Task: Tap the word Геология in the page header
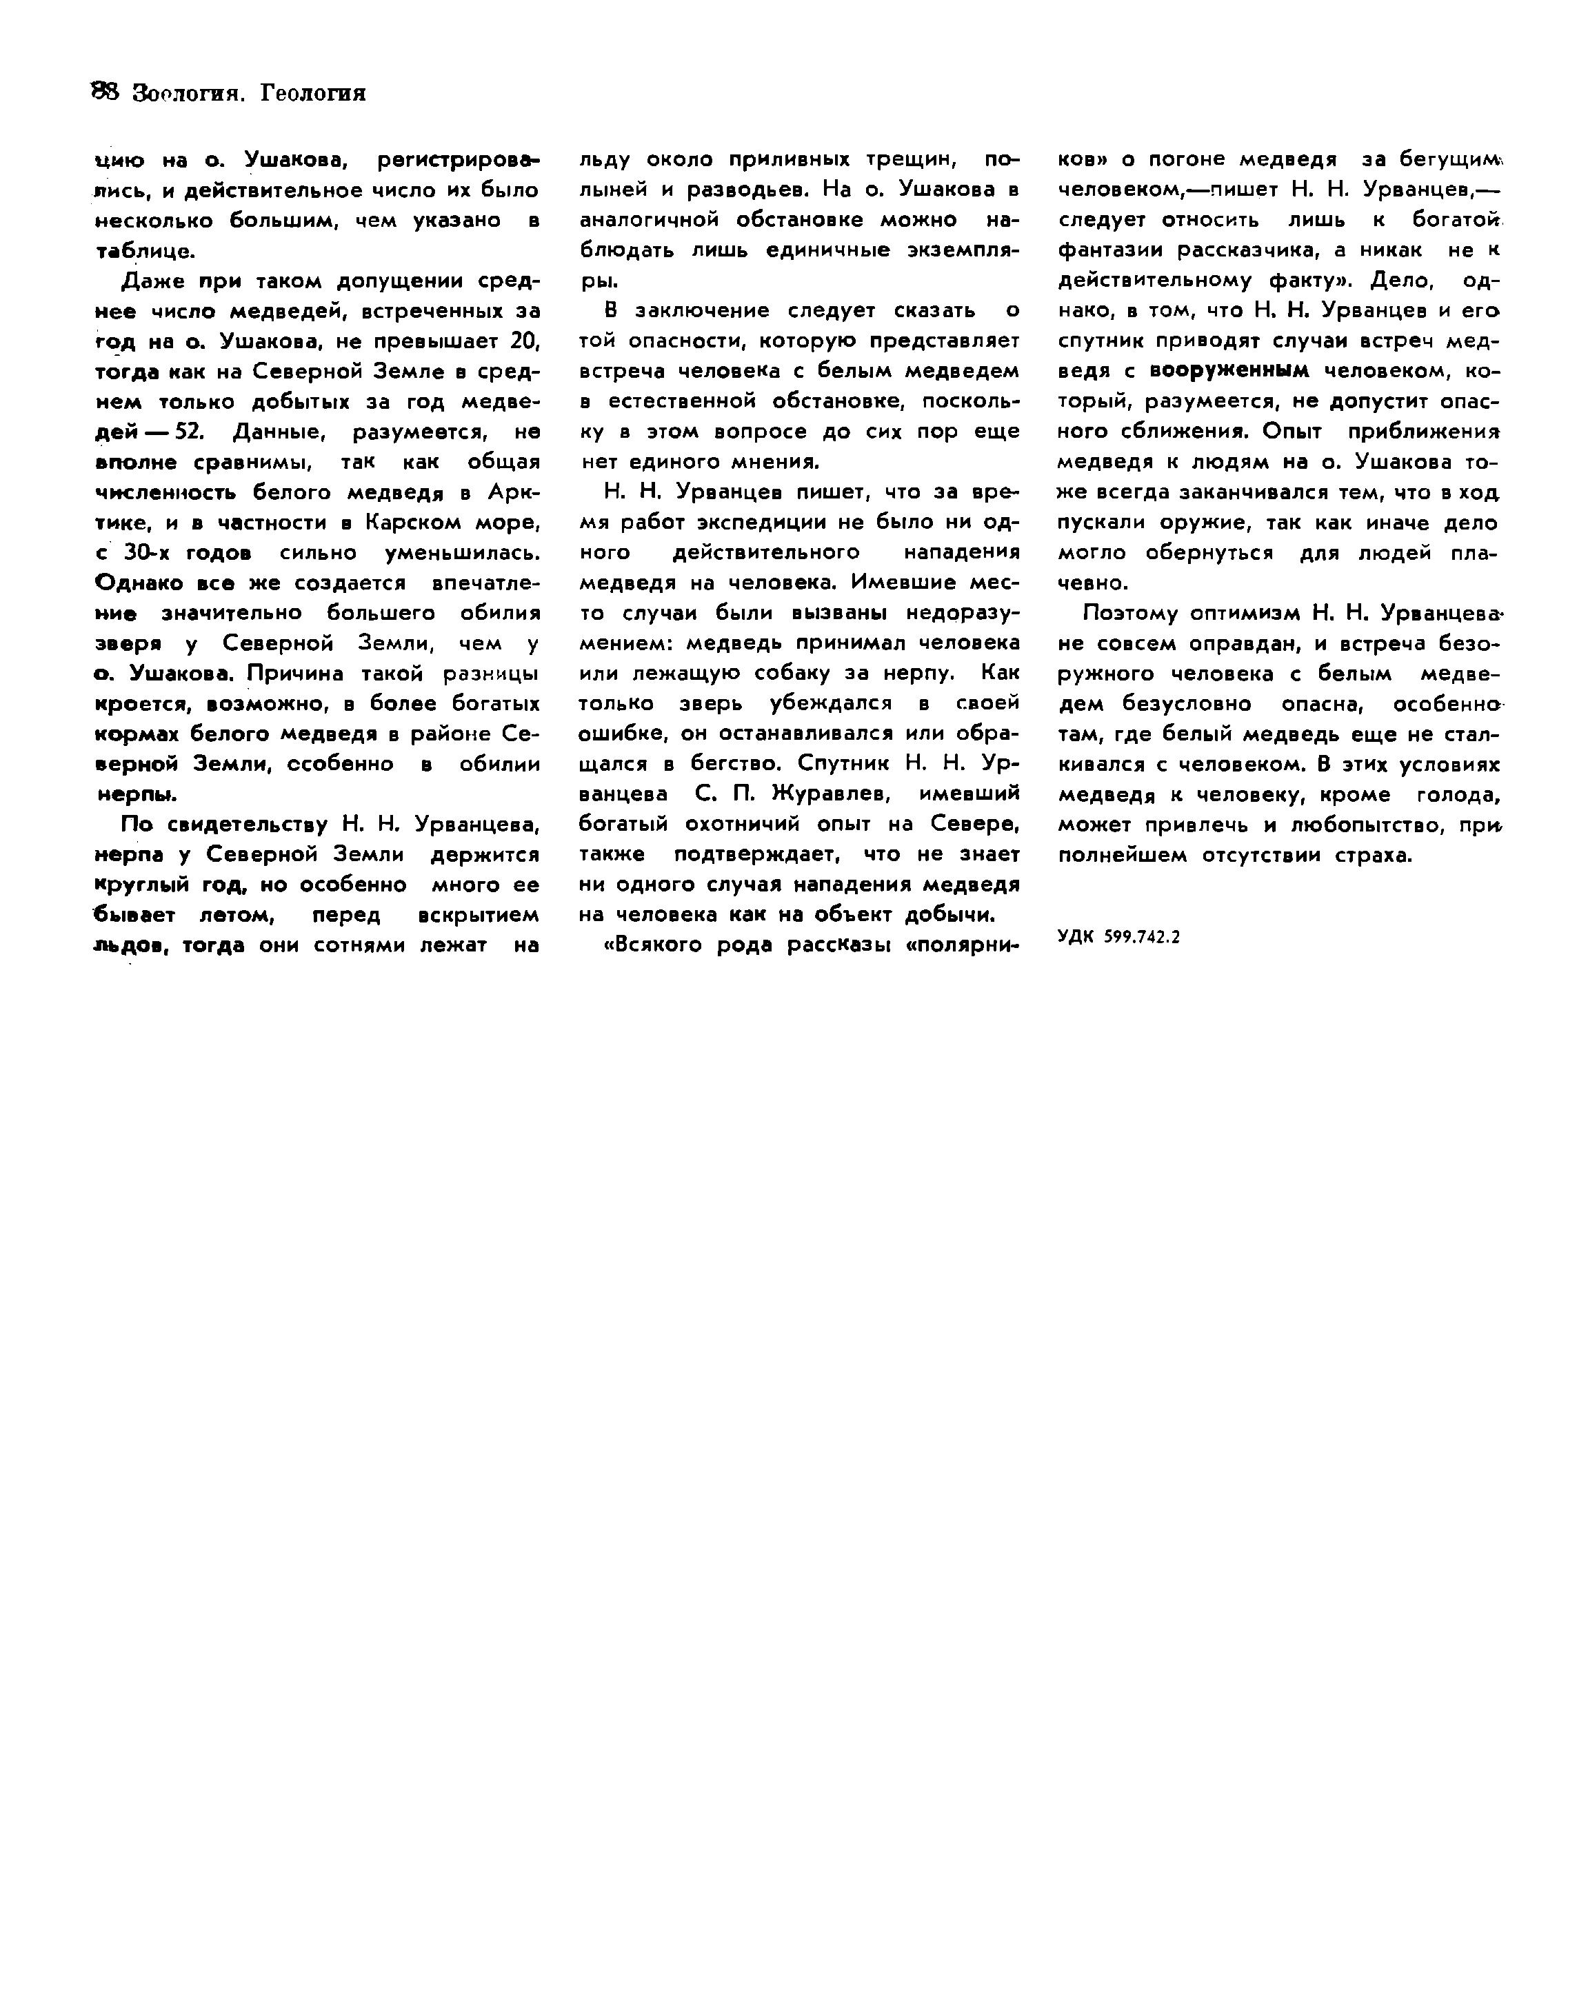coord(312,93)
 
